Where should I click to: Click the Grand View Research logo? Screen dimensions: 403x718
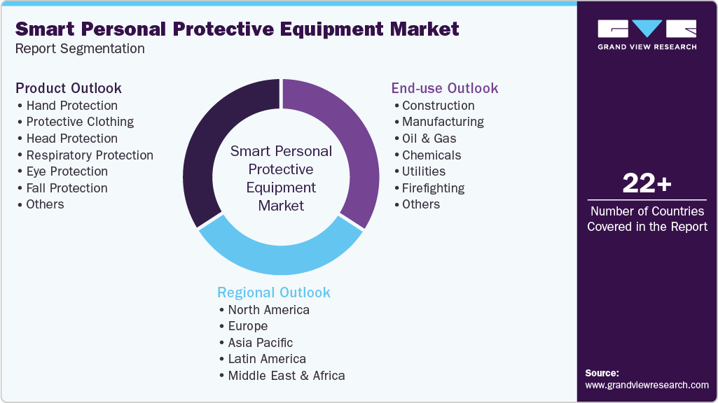647,34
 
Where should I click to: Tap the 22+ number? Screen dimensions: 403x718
647,184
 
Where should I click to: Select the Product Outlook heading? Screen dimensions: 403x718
69,88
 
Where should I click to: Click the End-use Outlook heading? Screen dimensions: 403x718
445,88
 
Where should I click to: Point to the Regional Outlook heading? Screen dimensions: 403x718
274,292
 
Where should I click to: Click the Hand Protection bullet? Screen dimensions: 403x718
71,106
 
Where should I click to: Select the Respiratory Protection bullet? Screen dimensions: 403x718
90,155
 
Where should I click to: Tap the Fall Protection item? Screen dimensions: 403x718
67,188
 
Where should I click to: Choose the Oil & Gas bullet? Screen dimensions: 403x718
429,139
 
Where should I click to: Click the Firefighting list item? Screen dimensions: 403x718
433,188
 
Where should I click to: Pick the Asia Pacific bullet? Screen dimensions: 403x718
260,342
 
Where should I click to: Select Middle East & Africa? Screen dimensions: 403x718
286,375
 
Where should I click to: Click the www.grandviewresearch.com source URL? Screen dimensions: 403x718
647,385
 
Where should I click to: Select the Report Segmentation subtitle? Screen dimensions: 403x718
80,48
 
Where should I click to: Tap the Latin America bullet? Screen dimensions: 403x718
266,359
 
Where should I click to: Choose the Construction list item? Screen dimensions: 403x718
438,106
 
